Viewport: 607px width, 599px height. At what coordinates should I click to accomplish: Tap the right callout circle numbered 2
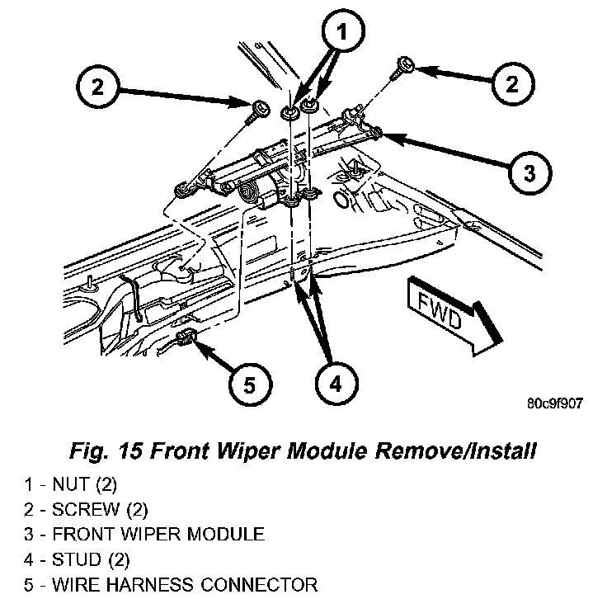coord(512,84)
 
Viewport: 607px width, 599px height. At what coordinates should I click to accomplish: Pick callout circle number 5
coord(249,384)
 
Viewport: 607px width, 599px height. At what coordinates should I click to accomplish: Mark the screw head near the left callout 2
coord(260,106)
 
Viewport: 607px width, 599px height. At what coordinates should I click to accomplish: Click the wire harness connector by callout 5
coord(186,337)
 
